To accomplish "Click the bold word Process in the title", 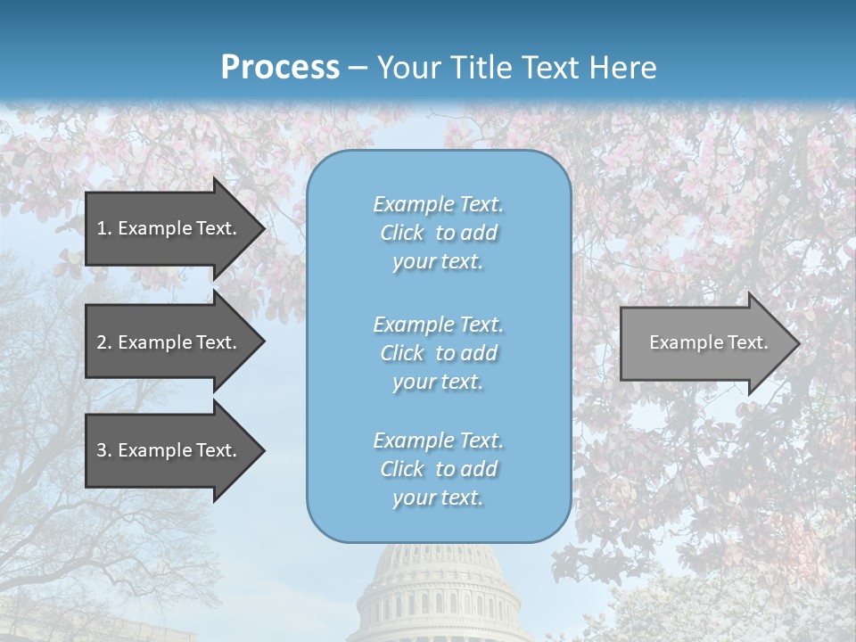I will tap(280, 68).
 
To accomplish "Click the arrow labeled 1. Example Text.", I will tap(167, 228).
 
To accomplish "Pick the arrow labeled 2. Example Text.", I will tap(167, 342).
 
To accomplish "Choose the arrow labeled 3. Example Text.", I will tap(167, 450).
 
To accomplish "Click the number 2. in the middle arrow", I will tap(104, 342).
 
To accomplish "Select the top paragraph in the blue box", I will tap(438, 233).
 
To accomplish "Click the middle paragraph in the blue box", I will tap(438, 353).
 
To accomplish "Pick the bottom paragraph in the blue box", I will tap(438, 469).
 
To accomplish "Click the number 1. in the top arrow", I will tap(104, 228).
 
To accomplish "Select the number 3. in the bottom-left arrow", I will tap(104, 450).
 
